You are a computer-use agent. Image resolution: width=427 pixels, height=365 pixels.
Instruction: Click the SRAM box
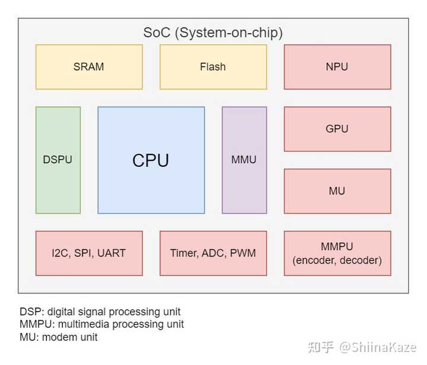(89, 67)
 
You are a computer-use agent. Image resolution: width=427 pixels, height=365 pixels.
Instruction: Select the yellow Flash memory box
(213, 67)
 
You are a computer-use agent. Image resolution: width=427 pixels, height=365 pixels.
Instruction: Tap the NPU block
(337, 67)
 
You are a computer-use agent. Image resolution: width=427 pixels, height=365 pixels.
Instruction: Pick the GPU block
(337, 129)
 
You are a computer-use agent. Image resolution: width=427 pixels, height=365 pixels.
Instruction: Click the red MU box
(337, 191)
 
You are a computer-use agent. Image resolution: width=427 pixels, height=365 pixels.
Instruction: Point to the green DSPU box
(58, 160)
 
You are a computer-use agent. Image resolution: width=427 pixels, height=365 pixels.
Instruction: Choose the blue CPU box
(151, 160)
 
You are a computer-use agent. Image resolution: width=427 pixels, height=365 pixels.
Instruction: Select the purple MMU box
(244, 160)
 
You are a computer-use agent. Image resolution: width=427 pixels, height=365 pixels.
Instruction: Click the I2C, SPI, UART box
(89, 253)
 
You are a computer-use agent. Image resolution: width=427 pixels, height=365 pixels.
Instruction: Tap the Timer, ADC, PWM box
(213, 253)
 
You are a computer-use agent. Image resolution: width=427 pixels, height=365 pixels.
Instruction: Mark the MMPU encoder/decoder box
(337, 253)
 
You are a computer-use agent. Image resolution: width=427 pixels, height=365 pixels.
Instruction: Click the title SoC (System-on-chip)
(213, 33)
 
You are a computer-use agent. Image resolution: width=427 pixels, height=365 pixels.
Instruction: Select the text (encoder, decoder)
(337, 260)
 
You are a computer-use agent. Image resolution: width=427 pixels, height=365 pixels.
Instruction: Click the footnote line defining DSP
(100, 312)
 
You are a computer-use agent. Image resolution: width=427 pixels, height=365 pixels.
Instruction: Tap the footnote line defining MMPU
(101, 324)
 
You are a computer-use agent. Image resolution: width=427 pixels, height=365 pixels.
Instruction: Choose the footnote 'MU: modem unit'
(58, 337)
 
